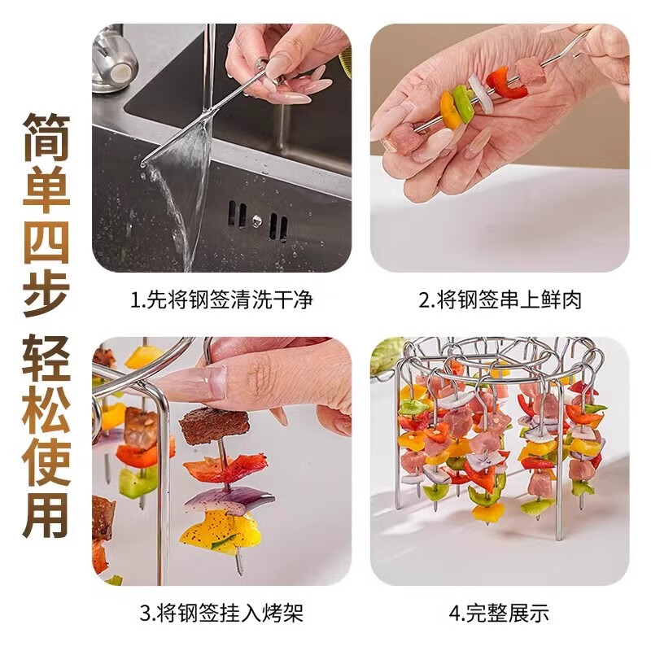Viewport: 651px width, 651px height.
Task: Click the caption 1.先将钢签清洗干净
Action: click(221, 300)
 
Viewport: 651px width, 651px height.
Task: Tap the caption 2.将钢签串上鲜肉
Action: click(500, 300)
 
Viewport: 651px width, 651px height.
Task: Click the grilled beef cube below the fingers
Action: click(213, 426)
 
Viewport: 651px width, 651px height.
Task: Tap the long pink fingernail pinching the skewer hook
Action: click(194, 383)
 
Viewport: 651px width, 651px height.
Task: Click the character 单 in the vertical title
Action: click(46, 184)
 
